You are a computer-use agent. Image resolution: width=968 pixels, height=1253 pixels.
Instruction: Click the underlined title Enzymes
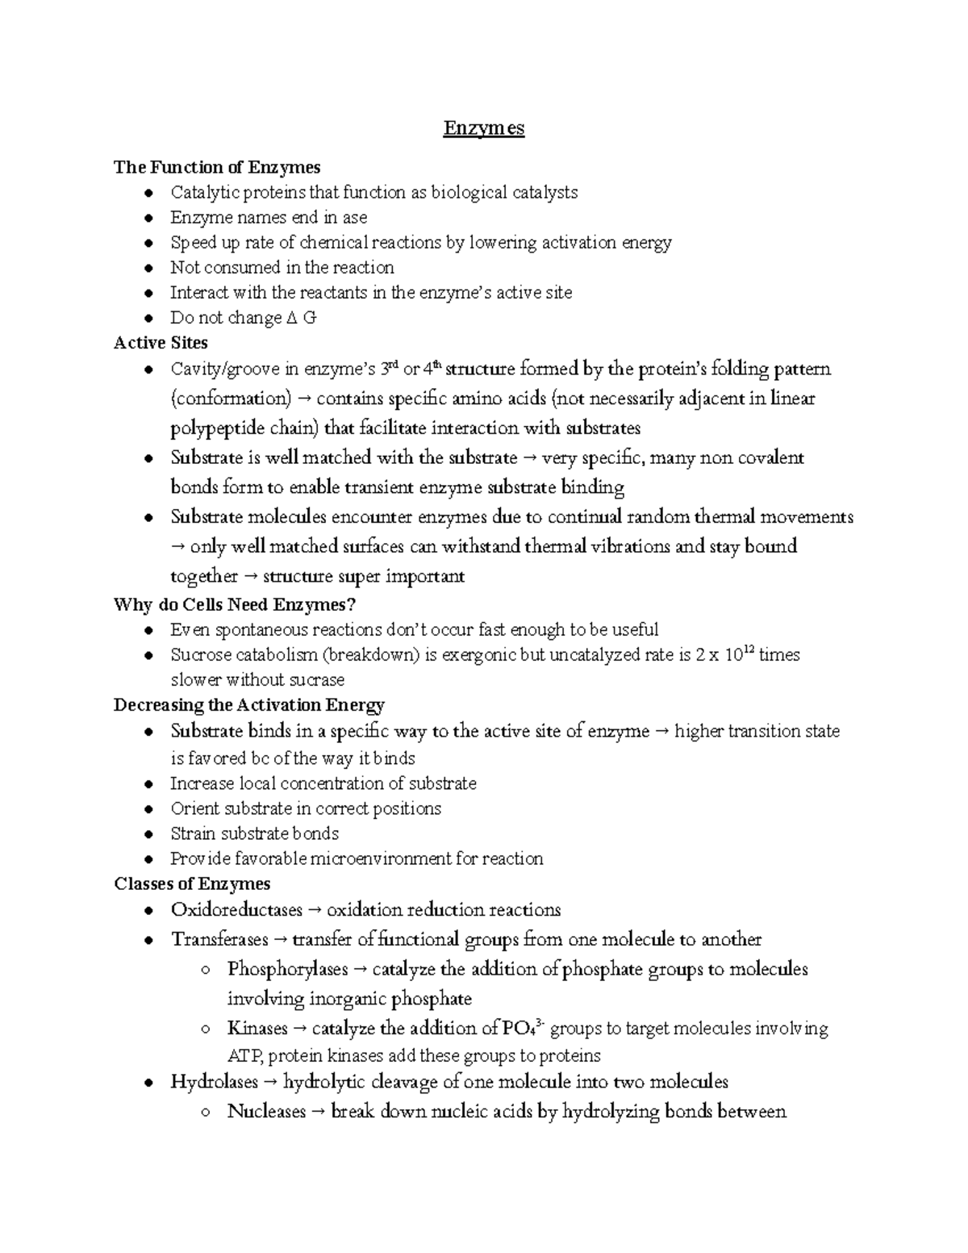click(x=483, y=128)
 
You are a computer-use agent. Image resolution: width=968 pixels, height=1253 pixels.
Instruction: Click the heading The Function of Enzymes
click(x=217, y=167)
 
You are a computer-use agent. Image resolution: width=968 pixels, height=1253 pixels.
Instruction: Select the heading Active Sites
click(x=161, y=343)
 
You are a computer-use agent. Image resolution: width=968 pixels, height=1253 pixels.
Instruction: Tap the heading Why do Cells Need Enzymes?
click(x=235, y=604)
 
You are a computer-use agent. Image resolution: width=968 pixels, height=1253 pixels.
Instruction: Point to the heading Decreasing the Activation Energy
click(x=248, y=705)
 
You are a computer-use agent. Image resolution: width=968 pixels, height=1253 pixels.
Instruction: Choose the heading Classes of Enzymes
click(x=192, y=883)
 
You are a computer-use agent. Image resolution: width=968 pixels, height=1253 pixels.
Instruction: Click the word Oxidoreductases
click(x=236, y=910)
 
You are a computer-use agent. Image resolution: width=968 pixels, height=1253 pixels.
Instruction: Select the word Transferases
click(x=219, y=940)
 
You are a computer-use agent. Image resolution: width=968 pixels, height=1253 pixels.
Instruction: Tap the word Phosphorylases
click(x=287, y=969)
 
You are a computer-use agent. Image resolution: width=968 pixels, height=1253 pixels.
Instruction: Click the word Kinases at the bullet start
click(x=257, y=1029)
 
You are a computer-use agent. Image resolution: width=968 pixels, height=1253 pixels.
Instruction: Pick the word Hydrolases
click(x=214, y=1082)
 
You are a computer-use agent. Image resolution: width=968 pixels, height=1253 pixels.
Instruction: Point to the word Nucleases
click(x=266, y=1112)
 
